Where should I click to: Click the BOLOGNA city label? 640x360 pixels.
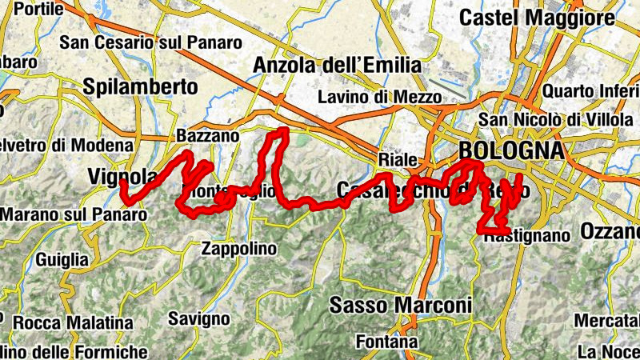[510, 150]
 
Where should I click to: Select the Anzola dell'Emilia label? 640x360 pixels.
[336, 64]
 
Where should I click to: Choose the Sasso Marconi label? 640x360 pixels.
[401, 305]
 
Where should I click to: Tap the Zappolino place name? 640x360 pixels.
[238, 248]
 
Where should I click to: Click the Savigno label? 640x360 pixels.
[199, 319]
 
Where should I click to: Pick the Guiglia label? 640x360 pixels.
[62, 260]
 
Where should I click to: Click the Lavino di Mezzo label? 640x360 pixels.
[379, 98]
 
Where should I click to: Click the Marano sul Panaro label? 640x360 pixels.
[74, 214]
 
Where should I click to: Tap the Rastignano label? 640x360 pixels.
[526, 236]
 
